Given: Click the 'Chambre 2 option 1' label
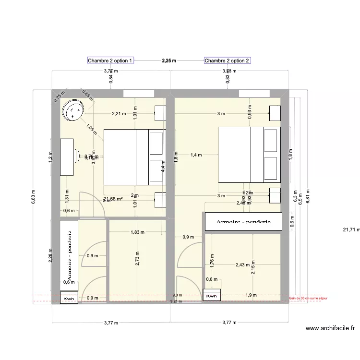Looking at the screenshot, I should point(110,60).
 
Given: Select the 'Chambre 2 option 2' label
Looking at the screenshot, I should point(227,60).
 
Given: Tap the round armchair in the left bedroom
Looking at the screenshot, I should point(73,111).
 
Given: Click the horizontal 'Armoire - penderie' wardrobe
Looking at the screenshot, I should point(243,222).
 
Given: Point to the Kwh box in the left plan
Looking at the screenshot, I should point(69,298).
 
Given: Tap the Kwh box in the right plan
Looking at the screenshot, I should point(212,296).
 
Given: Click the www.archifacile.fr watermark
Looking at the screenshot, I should point(330,329).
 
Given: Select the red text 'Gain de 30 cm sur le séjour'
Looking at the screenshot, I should point(308,298).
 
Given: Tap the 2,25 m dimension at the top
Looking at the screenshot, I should point(169,60).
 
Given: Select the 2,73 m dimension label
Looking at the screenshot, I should point(137,260).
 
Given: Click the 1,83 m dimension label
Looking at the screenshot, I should point(137,232).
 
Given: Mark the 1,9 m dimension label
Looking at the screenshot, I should point(250,295).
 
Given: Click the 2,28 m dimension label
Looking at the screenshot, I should point(51,255).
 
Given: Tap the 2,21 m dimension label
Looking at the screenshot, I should point(119,114).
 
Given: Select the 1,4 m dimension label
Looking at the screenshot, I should point(197,155).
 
